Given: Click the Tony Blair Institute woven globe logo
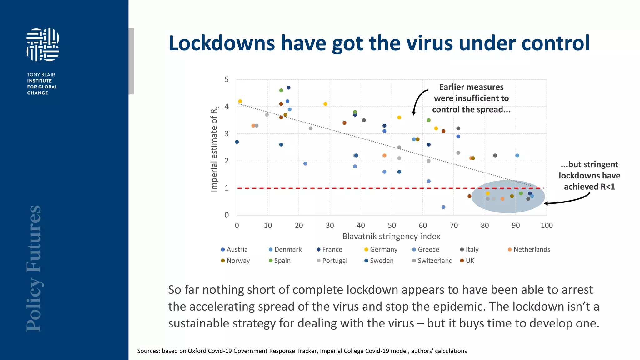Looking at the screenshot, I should (43, 45).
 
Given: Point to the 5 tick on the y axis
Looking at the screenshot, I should (227, 79).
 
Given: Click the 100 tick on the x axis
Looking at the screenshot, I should (547, 225).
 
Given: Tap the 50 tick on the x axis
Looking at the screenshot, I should (392, 225).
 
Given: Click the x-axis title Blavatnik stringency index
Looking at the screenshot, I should (391, 236).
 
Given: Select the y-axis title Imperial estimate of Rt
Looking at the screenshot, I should (214, 149).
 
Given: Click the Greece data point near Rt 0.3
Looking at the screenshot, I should (443, 207).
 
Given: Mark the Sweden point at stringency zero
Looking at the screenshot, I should (237, 142).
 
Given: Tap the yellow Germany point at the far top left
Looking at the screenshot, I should (240, 101).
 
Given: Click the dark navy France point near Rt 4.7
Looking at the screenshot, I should (288, 87).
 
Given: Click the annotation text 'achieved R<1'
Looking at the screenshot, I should (589, 187).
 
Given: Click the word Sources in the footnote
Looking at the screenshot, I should (148, 351).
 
